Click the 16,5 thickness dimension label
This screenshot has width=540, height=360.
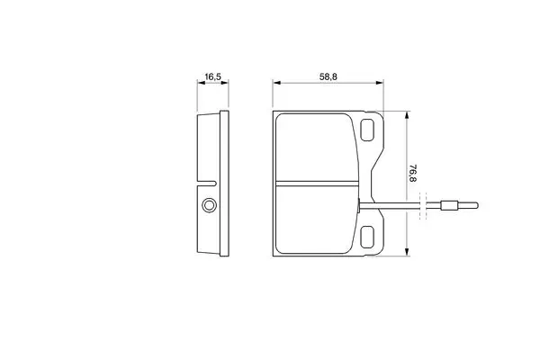[x=212, y=76]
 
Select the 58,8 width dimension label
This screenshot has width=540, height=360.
[x=328, y=76]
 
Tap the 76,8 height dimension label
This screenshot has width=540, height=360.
[x=413, y=173]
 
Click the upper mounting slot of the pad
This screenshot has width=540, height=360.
[x=367, y=130]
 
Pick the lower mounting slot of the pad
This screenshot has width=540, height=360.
[x=367, y=237]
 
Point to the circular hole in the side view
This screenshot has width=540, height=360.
[x=209, y=205]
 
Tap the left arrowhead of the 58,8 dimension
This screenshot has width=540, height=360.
[x=276, y=83]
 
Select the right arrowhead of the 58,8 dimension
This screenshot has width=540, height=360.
[x=380, y=83]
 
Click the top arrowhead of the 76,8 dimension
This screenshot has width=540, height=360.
[x=407, y=115]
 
